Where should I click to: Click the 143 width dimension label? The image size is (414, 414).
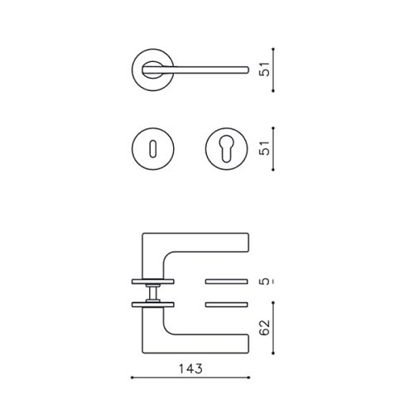click(x=190, y=368)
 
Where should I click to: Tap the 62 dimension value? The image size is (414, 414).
click(x=265, y=327)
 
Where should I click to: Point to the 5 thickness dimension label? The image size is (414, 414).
click(x=265, y=282)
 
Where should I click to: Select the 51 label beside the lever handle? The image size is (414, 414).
click(x=265, y=69)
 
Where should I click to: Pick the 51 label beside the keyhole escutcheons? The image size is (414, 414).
click(x=265, y=148)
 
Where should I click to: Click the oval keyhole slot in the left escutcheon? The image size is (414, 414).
click(x=153, y=149)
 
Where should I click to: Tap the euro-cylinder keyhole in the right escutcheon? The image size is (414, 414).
click(x=226, y=148)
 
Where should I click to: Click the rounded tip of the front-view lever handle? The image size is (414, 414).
click(x=248, y=70)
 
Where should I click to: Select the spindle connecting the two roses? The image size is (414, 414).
click(x=153, y=293)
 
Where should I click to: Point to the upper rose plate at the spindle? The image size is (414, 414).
click(x=153, y=282)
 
